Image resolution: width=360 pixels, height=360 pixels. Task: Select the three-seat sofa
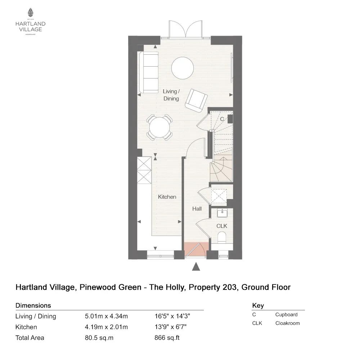tap(148, 72)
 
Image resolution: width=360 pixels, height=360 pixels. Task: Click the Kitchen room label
tap(167, 197)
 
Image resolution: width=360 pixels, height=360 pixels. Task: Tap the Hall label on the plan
tap(197, 209)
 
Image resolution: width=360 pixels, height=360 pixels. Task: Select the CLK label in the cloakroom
tap(222, 226)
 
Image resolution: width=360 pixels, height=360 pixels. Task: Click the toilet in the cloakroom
tap(222, 238)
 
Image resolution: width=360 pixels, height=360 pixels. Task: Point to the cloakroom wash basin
tap(222, 213)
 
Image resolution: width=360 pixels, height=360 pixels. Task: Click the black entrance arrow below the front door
tap(196, 266)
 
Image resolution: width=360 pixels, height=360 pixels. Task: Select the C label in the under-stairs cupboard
tap(222, 119)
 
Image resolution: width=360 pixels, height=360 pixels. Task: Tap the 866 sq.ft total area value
tap(165, 338)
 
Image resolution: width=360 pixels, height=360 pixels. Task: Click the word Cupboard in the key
tap(286, 314)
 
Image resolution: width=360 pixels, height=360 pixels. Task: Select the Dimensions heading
tap(33, 306)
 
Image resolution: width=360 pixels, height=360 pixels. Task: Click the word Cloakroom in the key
tap(287, 323)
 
